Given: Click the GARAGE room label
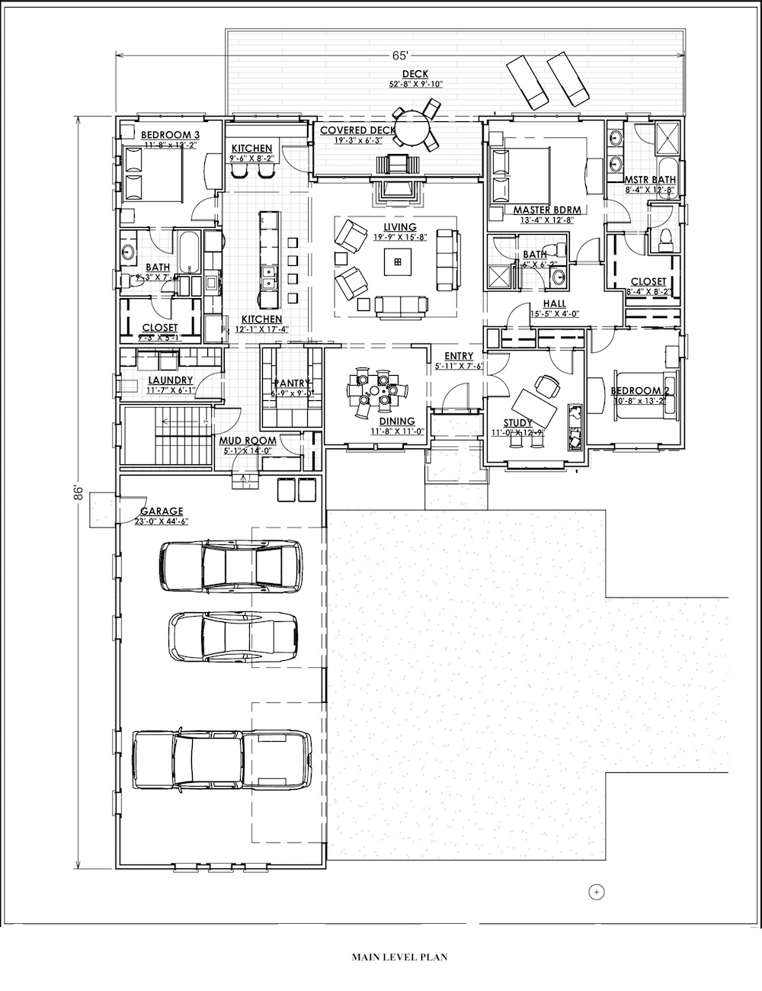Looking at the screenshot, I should coord(155,512).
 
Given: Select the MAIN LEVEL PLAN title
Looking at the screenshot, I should coord(394,955).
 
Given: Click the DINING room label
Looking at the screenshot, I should coord(396,421).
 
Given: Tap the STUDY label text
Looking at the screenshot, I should coord(518,423).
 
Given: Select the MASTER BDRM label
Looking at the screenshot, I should coord(543,210).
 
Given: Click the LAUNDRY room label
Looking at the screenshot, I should coord(171,380).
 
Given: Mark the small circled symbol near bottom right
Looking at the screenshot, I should coord(597,890).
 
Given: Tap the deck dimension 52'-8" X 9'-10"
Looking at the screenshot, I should coord(416,84).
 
